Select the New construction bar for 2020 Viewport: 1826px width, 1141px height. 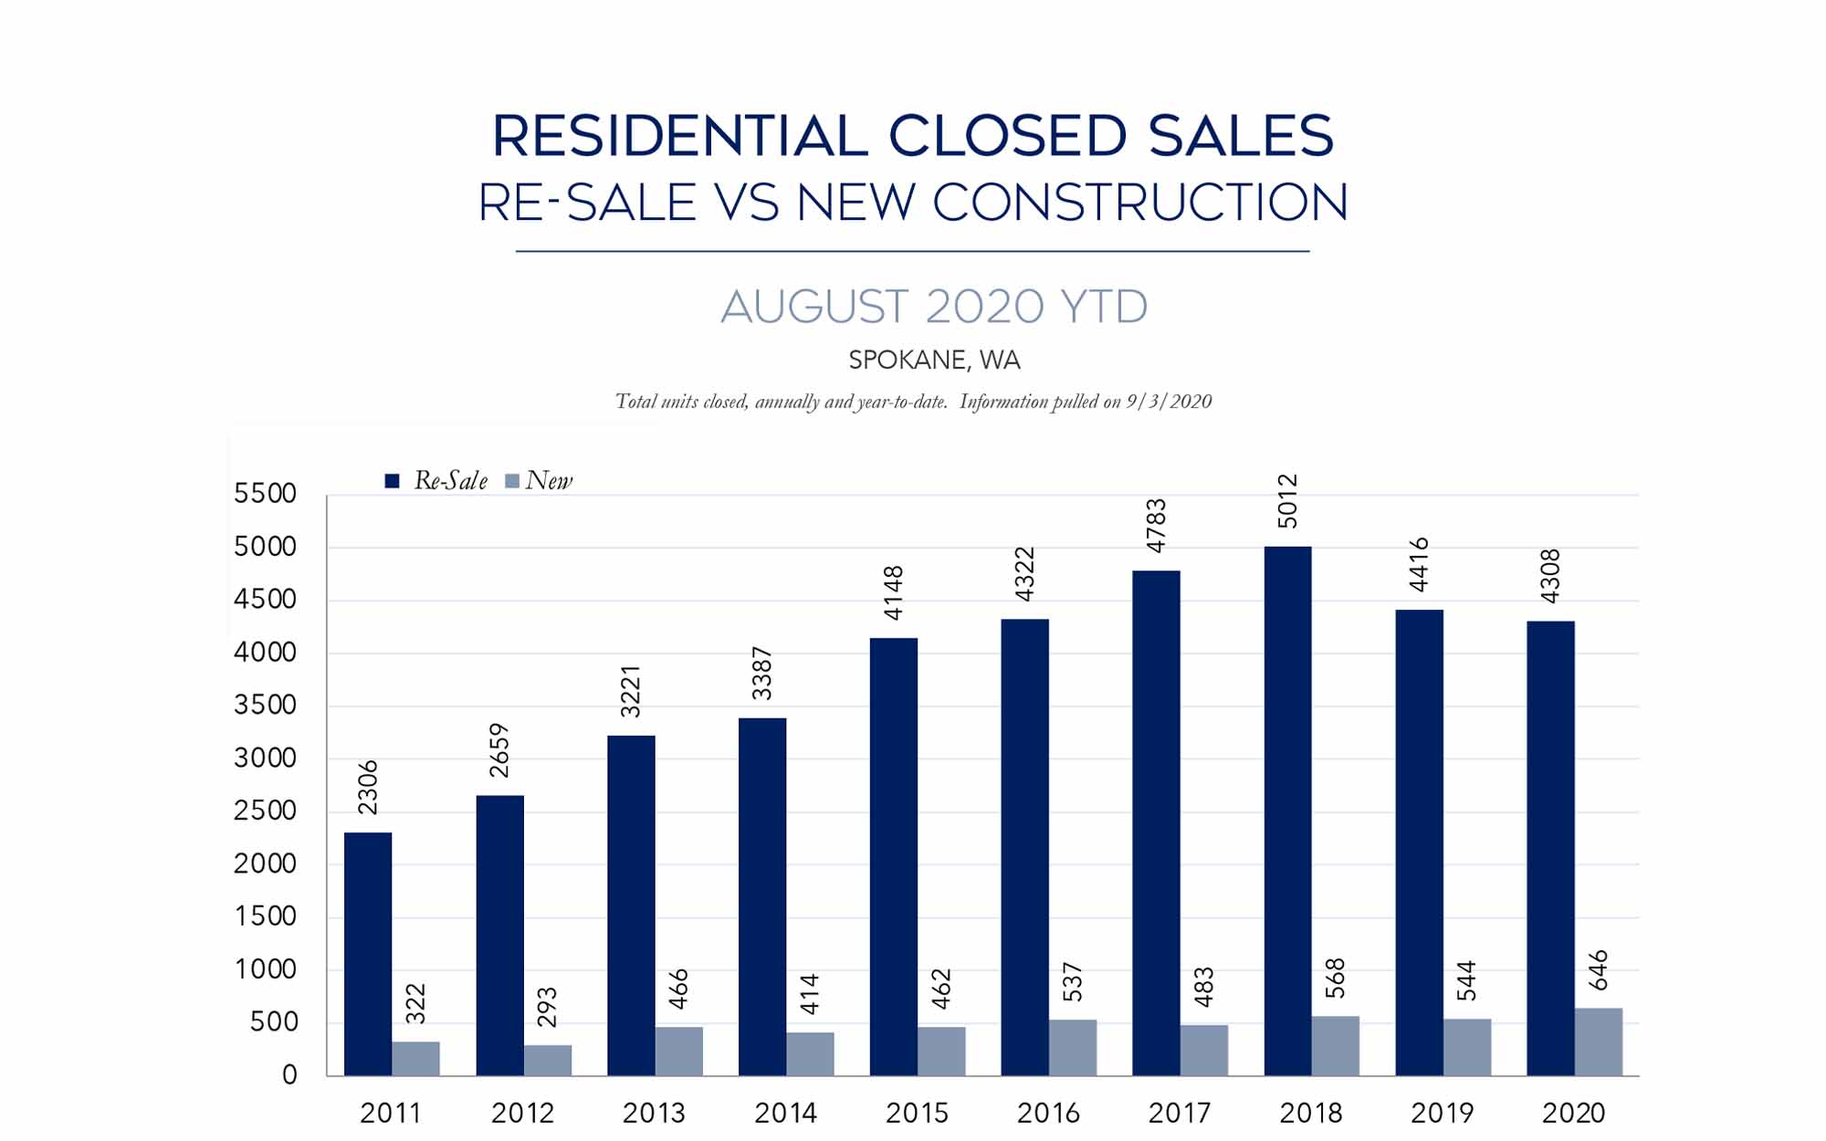click(1598, 1042)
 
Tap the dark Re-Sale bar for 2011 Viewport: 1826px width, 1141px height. click(368, 953)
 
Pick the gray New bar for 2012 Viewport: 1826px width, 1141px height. click(547, 1060)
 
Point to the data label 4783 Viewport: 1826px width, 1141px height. click(1156, 525)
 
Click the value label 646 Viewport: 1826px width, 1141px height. click(1598, 969)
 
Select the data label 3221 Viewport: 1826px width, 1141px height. click(631, 691)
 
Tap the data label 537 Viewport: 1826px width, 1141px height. click(1072, 981)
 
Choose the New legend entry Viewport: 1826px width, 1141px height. click(540, 481)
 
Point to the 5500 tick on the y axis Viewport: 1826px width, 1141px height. click(265, 494)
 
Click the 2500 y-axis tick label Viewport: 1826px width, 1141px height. click(265, 811)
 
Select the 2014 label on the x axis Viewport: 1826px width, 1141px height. click(785, 1114)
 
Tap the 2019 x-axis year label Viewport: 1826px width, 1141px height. click(1442, 1114)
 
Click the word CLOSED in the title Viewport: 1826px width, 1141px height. click(1007, 137)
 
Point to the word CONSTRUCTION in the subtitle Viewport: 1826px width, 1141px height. click(1139, 203)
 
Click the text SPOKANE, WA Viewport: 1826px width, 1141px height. click(934, 361)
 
